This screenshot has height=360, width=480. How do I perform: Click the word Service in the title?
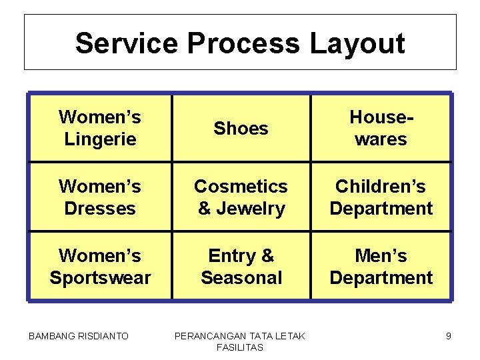[127, 43]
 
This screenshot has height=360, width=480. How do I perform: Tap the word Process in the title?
[243, 43]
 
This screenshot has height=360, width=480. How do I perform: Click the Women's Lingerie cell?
[100, 128]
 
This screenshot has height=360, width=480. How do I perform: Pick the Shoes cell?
[241, 128]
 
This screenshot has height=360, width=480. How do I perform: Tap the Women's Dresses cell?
[100, 197]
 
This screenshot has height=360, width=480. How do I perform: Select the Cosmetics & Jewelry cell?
[241, 197]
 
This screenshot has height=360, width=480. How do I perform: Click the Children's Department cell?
[381, 197]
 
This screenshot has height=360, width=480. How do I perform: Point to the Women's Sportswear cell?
[100, 266]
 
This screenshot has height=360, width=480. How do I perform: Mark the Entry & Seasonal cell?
[241, 266]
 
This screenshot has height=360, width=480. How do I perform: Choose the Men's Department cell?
[381, 266]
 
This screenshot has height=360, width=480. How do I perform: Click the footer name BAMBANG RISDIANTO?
[79, 336]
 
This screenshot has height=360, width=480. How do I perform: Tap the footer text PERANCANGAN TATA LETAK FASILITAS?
[239, 341]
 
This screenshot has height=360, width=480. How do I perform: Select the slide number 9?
[449, 336]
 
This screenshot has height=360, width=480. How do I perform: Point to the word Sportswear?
[100, 277]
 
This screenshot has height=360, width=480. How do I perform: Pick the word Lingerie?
[100, 139]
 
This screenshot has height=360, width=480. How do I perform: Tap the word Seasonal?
[241, 277]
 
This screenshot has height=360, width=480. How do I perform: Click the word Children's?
[381, 186]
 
